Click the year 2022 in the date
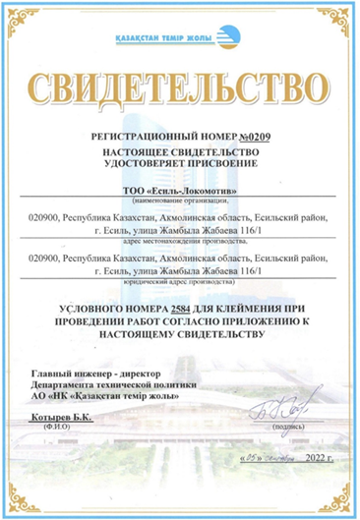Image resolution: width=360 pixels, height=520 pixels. click(315, 459)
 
